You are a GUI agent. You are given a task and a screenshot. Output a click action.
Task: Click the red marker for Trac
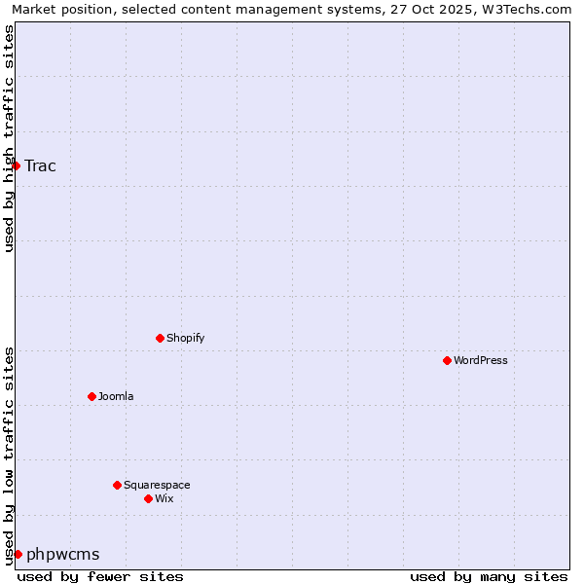16,165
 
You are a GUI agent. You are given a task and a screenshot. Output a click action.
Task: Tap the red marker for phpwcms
18,554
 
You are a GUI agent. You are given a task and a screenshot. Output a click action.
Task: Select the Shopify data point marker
160,338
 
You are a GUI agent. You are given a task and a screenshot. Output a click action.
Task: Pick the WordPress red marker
447,360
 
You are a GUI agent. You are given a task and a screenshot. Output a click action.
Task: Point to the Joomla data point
91,396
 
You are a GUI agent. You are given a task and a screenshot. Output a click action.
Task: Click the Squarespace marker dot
117,485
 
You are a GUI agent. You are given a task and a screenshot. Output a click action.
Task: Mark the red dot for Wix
148,498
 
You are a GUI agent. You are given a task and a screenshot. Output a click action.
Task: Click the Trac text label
41,165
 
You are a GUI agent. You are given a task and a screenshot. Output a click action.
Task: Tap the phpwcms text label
63,554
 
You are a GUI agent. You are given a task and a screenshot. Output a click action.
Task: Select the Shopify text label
186,338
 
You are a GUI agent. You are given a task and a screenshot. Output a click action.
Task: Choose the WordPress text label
481,360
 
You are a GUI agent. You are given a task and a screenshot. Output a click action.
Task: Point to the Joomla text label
116,396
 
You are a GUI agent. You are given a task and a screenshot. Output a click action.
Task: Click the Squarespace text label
157,485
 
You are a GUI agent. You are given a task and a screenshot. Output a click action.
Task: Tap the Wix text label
164,498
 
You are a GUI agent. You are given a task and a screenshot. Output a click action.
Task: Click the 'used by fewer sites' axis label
100,576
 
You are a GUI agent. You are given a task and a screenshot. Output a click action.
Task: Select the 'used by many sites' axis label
489,576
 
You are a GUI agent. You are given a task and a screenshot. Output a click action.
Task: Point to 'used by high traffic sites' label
9,138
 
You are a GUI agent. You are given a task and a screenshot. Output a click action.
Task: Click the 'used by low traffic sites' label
9,455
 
